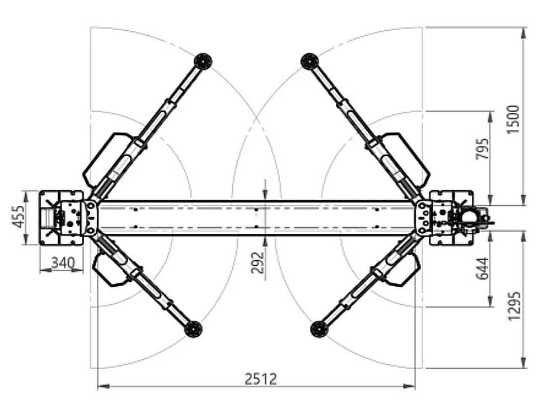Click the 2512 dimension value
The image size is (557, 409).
point(260,379)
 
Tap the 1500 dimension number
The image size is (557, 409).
point(513,119)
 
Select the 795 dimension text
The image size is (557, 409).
point(482,149)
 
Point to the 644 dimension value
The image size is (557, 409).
point(482,269)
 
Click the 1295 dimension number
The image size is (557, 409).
point(514,306)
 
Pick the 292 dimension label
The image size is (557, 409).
point(258,263)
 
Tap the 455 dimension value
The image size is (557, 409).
point(18,217)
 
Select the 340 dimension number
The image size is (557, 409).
point(63,263)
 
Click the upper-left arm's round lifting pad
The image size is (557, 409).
point(203,61)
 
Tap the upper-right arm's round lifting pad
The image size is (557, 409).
point(309,62)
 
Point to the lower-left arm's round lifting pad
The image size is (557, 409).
point(193,329)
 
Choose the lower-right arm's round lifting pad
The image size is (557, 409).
point(319,329)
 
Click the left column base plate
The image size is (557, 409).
point(61,218)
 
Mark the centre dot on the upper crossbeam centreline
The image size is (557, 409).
point(256,210)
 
